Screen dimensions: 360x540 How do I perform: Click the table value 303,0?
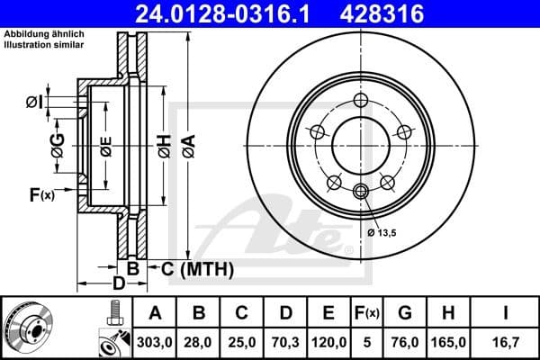pos(154,341)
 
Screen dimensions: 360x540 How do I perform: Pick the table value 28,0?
pos(200,341)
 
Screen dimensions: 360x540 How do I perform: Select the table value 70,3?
pos(285,341)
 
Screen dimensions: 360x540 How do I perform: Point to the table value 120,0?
pos(328,341)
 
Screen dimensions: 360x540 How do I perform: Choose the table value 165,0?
pos(447,341)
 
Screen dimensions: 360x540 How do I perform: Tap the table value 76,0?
pos(404,341)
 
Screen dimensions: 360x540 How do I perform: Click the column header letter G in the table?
pos(404,313)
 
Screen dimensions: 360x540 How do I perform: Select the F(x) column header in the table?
pos(366,313)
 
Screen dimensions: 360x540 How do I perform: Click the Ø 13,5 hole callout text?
pos(382,233)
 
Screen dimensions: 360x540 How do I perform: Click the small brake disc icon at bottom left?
pos(28,328)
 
